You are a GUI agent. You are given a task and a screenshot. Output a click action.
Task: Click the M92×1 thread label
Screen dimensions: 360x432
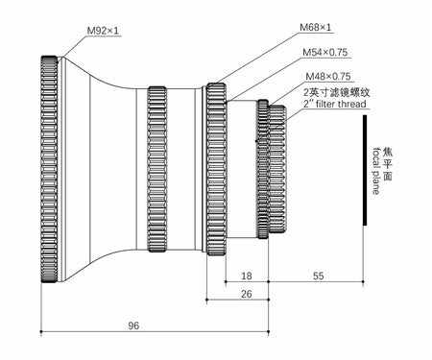(x=103, y=32)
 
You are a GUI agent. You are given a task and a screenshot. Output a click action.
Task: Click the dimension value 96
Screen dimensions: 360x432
(x=133, y=326)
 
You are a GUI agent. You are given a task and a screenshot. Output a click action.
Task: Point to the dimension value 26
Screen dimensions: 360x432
(x=246, y=294)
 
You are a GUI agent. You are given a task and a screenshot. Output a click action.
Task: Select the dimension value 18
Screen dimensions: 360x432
(x=246, y=274)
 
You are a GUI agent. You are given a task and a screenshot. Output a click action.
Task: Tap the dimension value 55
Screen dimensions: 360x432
(x=316, y=274)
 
